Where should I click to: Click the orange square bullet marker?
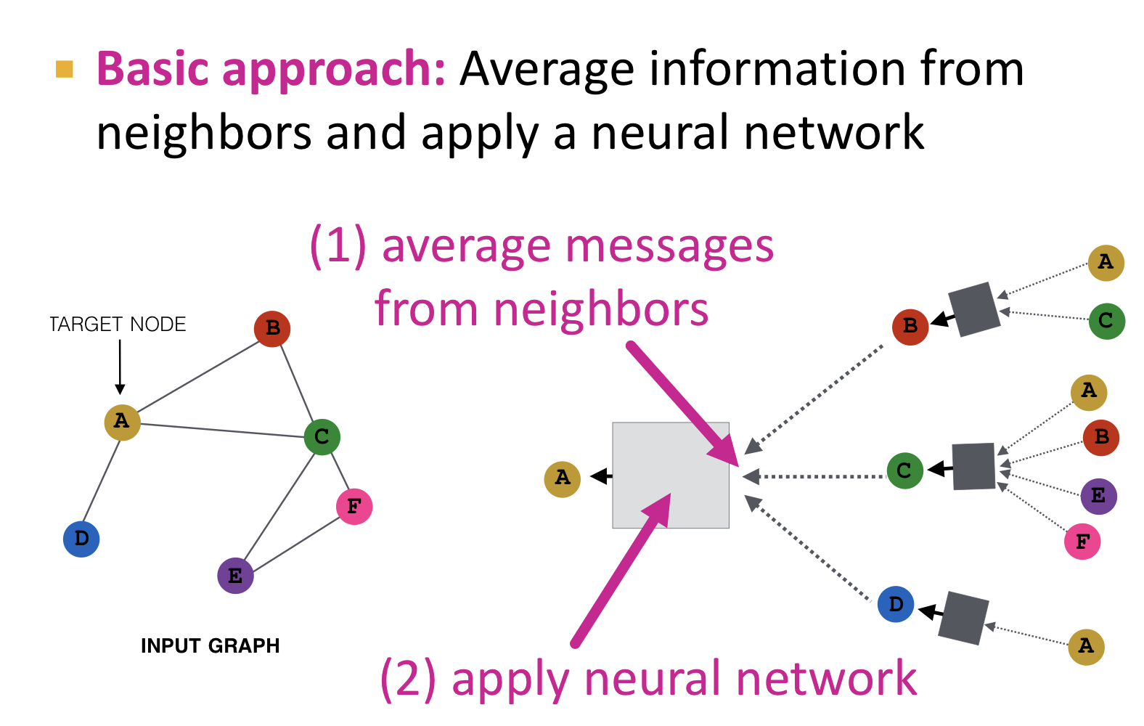(x=65, y=69)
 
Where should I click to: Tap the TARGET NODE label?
(x=118, y=325)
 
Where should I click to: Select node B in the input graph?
(x=272, y=329)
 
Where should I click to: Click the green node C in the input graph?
(x=322, y=437)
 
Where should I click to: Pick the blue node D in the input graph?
(x=81, y=539)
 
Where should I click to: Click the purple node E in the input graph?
(x=235, y=576)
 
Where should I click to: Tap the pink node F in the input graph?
(x=354, y=506)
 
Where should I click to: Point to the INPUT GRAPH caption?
(x=210, y=645)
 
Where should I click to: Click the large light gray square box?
(x=670, y=476)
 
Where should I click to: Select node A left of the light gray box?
(x=563, y=478)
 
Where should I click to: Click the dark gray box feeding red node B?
(x=974, y=309)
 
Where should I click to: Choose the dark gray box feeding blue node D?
(x=963, y=618)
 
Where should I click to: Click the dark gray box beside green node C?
(x=973, y=466)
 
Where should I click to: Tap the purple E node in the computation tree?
(x=1098, y=497)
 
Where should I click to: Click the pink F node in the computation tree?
(x=1082, y=542)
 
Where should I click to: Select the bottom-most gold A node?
(x=1086, y=646)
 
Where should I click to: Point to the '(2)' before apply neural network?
(x=408, y=680)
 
